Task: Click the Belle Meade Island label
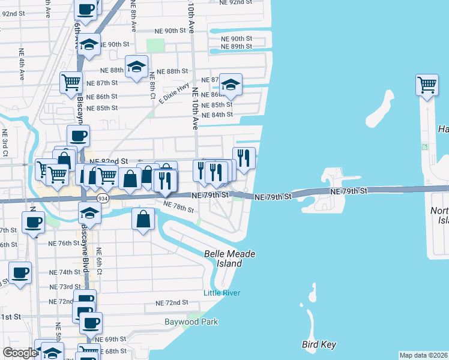click(230, 259)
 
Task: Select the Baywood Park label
click(191, 322)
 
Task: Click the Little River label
click(221, 293)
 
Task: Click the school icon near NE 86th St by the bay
click(230, 85)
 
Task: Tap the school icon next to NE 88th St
click(137, 67)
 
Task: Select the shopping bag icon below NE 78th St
click(143, 220)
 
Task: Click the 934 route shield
click(103, 199)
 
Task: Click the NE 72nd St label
click(172, 303)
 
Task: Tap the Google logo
click(19, 353)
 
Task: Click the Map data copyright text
click(424, 355)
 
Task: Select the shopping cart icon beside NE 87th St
click(71, 82)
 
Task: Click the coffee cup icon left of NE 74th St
click(19, 272)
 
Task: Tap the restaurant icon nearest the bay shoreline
click(244, 158)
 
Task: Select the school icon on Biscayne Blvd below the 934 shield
click(89, 212)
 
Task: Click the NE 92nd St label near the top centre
click(236, 3)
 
